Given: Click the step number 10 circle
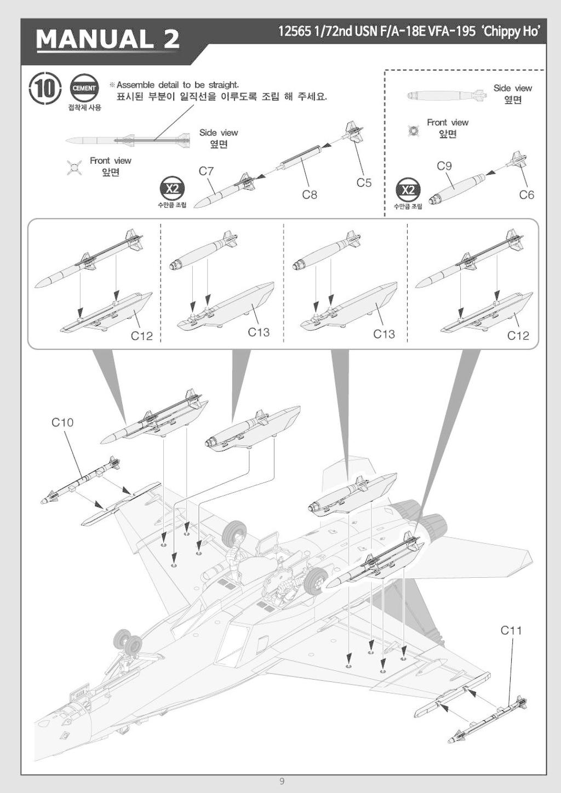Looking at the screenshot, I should [45, 89].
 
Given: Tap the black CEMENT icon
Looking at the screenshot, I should [84, 88].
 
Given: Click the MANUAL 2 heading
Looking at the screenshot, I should [108, 39].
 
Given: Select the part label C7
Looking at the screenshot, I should [206, 171].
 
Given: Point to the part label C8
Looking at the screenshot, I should [310, 194].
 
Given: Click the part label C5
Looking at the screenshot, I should [364, 183].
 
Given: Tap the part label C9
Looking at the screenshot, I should [444, 166].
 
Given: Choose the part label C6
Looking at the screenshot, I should [526, 195].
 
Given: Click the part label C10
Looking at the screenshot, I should [62, 422].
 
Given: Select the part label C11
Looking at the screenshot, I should [511, 630].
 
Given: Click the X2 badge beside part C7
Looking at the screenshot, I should [172, 189].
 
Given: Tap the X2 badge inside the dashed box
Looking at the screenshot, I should [408, 190].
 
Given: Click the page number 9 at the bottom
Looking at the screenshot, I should [282, 781].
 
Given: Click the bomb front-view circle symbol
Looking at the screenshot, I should [414, 131].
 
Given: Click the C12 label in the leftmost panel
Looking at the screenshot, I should [141, 336].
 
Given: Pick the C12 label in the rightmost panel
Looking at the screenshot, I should [518, 336].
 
